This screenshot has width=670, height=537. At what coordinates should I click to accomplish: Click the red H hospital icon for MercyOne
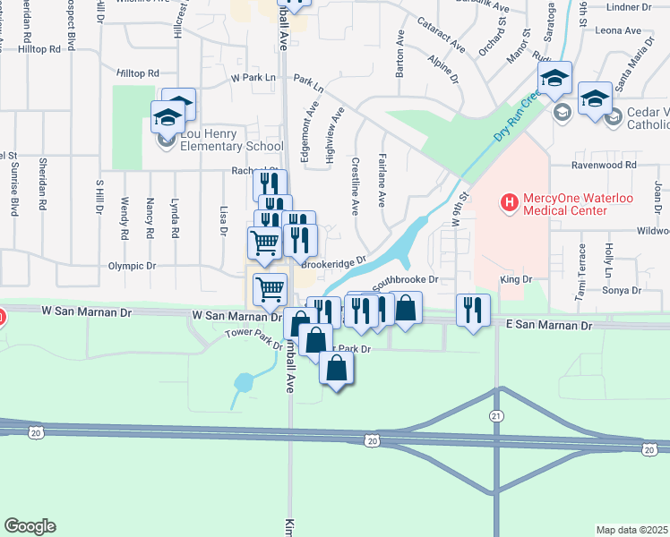coord(510,202)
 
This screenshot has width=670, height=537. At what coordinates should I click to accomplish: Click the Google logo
coord(29,526)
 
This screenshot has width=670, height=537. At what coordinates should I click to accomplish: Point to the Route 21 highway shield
coord(496,416)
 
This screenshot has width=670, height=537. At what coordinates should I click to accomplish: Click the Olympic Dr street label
coord(132,266)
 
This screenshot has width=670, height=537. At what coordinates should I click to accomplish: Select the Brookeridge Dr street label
coord(334,262)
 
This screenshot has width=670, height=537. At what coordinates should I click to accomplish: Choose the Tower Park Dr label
coord(247,335)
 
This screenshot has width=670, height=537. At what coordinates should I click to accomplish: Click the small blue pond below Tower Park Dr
coord(243,383)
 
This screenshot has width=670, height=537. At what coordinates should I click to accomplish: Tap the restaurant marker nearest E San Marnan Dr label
coord(472,310)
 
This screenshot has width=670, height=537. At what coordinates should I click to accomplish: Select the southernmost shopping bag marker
coord(336,368)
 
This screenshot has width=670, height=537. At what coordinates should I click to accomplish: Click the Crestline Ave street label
coord(356,187)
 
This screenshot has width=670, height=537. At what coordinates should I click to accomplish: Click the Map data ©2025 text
coord(631,530)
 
